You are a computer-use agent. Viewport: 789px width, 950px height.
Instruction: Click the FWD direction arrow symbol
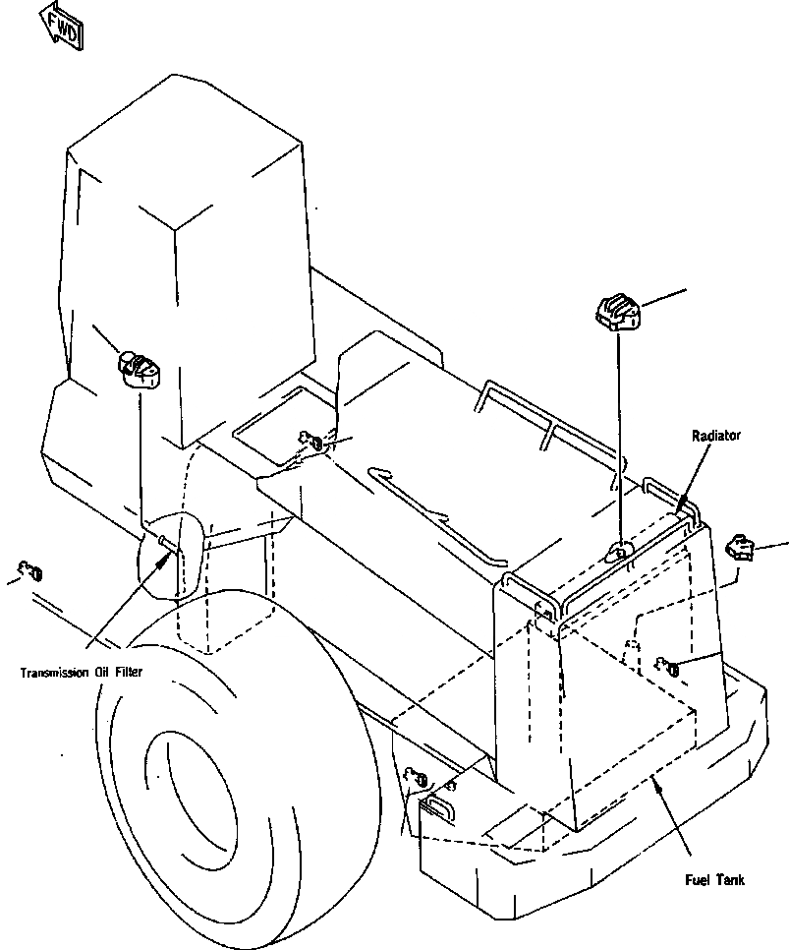tap(59, 25)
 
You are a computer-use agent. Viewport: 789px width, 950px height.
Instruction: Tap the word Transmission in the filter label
tap(58, 673)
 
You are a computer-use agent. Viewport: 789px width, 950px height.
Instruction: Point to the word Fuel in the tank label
tap(698, 880)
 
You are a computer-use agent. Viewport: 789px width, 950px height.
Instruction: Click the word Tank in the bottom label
tap(730, 880)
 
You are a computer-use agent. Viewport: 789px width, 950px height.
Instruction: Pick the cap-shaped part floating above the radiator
tap(618, 312)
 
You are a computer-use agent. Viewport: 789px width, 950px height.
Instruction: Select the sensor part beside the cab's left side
tap(140, 368)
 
